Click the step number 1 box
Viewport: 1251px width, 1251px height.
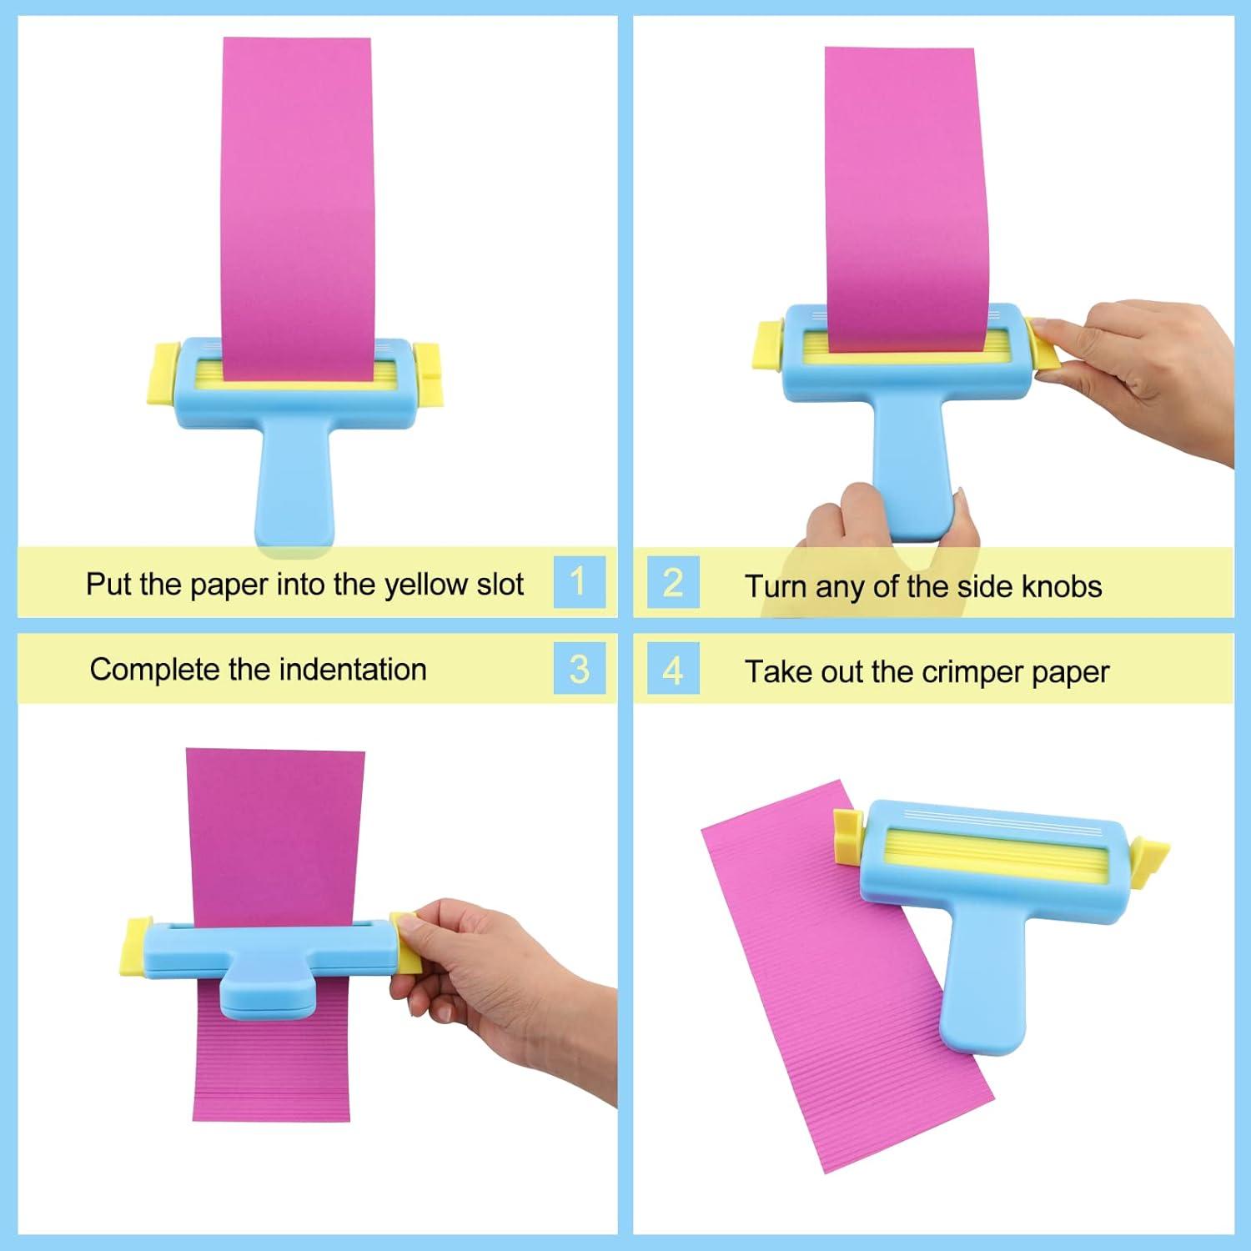pyautogui.click(x=578, y=582)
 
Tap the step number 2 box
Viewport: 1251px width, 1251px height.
pyautogui.click(x=673, y=583)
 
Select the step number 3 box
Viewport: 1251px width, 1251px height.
pyautogui.click(x=579, y=669)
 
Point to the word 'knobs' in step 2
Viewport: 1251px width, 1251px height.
pyautogui.click(x=1062, y=586)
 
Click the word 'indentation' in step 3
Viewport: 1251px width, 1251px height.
pyautogui.click(x=353, y=669)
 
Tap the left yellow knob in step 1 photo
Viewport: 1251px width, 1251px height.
pyautogui.click(x=163, y=374)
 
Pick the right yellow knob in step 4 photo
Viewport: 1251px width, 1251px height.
pyautogui.click(x=1147, y=859)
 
